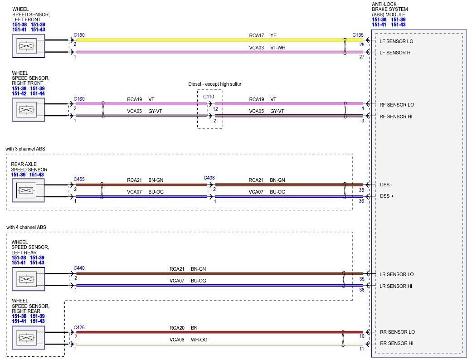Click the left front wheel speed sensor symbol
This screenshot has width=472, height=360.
pos(28,46)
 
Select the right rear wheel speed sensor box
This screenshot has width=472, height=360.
pos(28,338)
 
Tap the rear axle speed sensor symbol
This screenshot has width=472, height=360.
pos(28,190)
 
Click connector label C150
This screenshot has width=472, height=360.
pos(79,35)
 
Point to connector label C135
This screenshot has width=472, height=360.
pos(358,35)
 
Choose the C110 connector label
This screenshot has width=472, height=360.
pos(209,97)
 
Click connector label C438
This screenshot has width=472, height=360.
pos(209,178)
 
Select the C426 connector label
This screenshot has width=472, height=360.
pos(79,327)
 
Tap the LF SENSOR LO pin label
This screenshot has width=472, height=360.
pos(396,41)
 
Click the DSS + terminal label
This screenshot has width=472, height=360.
pos(387,196)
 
